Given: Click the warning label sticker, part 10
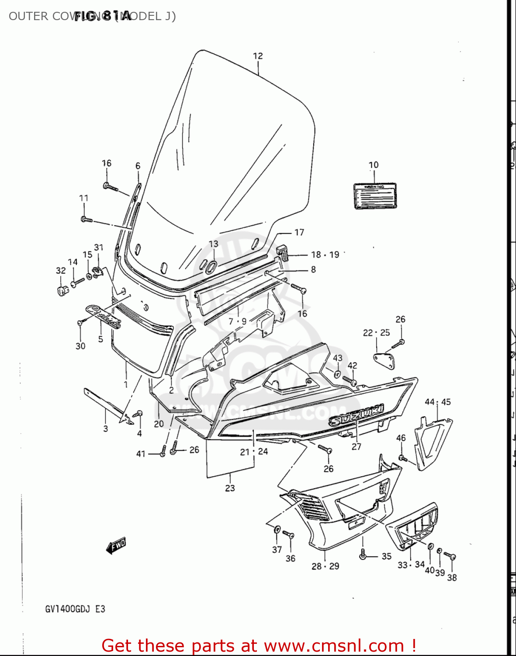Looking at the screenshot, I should point(375,195).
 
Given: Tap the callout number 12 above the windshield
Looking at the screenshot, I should point(258,56).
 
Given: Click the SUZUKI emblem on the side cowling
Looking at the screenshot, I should point(356,415).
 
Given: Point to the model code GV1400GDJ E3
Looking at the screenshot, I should point(75,609).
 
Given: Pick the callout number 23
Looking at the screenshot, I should point(230,488).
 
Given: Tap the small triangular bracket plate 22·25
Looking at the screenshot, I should point(384,359).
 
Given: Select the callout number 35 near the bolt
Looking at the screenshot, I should point(386,556).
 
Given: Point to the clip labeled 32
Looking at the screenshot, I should point(63,290).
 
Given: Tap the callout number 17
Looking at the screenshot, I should point(299,232).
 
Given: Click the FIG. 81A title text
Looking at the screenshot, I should point(103,16).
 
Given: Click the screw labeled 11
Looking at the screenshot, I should point(86,219).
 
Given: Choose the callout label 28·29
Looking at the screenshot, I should point(325,566).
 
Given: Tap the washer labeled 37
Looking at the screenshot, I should point(277,530).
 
